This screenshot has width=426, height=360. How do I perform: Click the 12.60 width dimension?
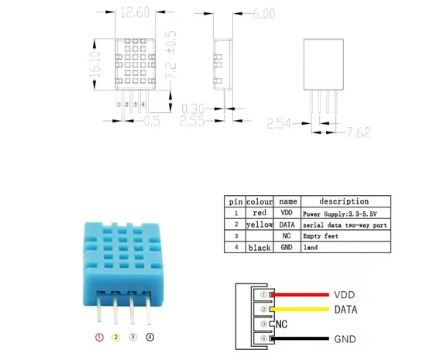[x=135, y=12]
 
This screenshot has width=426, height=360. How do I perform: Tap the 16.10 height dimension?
[x=95, y=64]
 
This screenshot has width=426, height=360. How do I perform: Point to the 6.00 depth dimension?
[x=263, y=14]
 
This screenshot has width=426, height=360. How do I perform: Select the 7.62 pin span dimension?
[x=359, y=132]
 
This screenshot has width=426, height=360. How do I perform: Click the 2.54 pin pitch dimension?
[x=279, y=124]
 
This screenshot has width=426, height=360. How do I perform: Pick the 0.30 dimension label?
[x=193, y=109]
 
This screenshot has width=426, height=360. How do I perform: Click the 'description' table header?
[x=344, y=201]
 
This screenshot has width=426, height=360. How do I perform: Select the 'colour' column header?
[x=259, y=202]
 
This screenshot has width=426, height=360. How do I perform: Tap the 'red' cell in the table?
[x=259, y=213]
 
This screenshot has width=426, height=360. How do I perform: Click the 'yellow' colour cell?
[x=259, y=225]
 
